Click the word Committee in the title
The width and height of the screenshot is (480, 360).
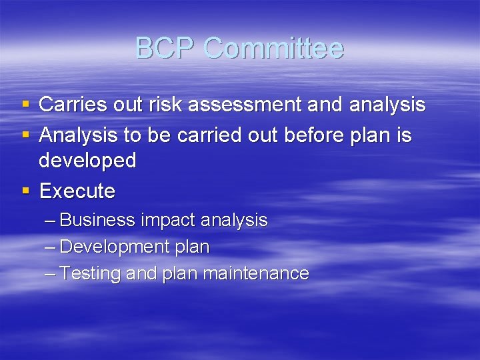(274, 49)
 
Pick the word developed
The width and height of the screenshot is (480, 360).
(87, 161)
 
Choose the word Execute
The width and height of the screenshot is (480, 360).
(77, 191)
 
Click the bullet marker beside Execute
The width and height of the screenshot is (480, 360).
(26, 191)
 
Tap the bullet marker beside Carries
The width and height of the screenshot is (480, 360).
(26, 105)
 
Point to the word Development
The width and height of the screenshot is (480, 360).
(115, 247)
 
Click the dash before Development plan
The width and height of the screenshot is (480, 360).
(51, 247)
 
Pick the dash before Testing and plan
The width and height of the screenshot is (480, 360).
(51, 273)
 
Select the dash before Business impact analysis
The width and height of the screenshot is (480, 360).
(51, 221)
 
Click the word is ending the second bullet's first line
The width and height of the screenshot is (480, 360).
(405, 136)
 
